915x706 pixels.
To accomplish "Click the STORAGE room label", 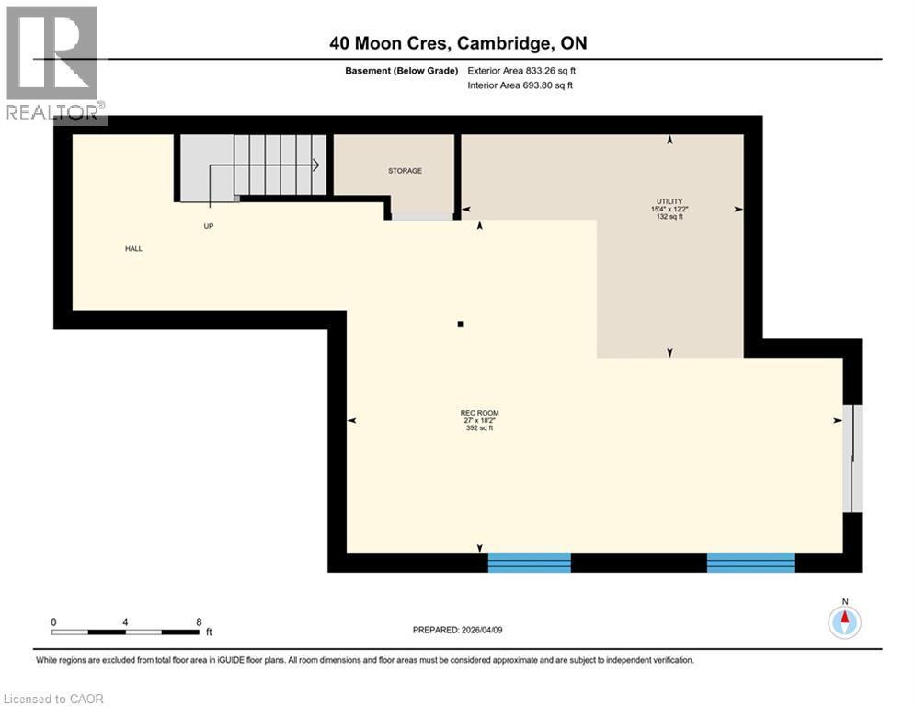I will click(405, 170).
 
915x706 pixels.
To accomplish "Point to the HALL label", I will click(134, 248).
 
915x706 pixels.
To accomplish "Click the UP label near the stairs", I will click(209, 225).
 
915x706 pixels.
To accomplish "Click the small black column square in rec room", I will click(461, 324).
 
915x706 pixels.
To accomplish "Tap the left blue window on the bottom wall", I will click(529, 563).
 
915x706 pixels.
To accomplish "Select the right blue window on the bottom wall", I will click(749, 563).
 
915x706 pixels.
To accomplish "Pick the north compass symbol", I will click(843, 621).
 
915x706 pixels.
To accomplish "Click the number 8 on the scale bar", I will click(199, 621).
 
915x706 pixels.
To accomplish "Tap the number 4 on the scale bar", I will click(125, 621).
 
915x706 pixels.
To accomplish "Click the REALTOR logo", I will click(53, 64).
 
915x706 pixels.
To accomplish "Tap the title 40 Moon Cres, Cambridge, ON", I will click(458, 43).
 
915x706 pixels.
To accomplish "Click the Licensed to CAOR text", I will click(55, 699).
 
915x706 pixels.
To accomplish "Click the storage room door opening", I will click(423, 216).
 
